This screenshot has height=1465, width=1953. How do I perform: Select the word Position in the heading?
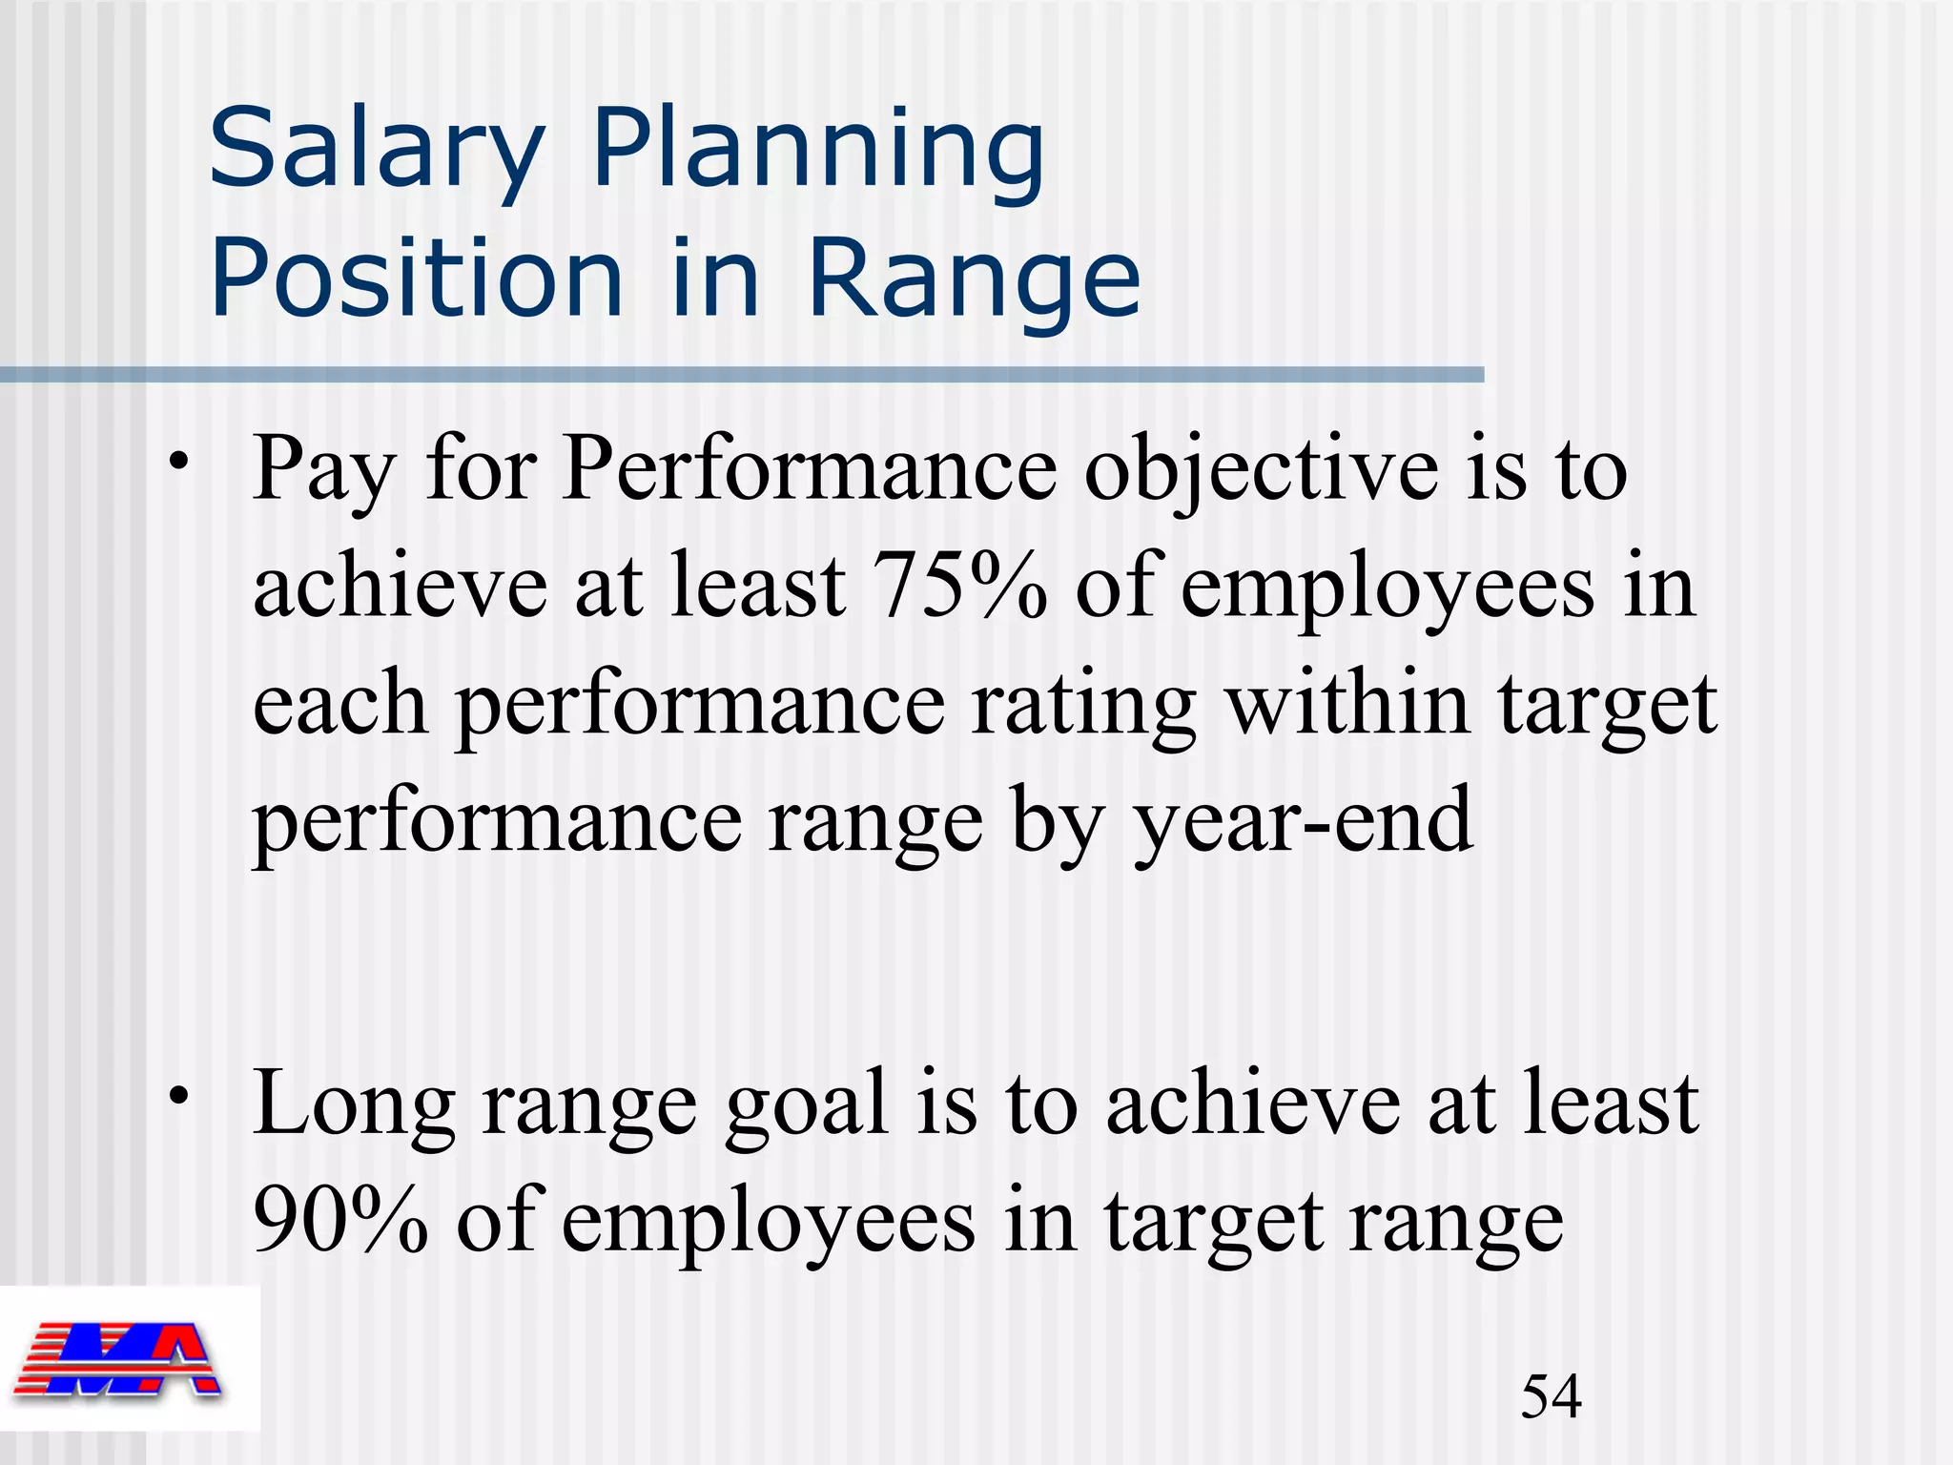(416, 279)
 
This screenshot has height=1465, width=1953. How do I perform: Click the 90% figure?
(340, 1221)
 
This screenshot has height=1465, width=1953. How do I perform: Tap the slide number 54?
(1551, 1396)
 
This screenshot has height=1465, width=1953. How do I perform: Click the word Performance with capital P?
(809, 468)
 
